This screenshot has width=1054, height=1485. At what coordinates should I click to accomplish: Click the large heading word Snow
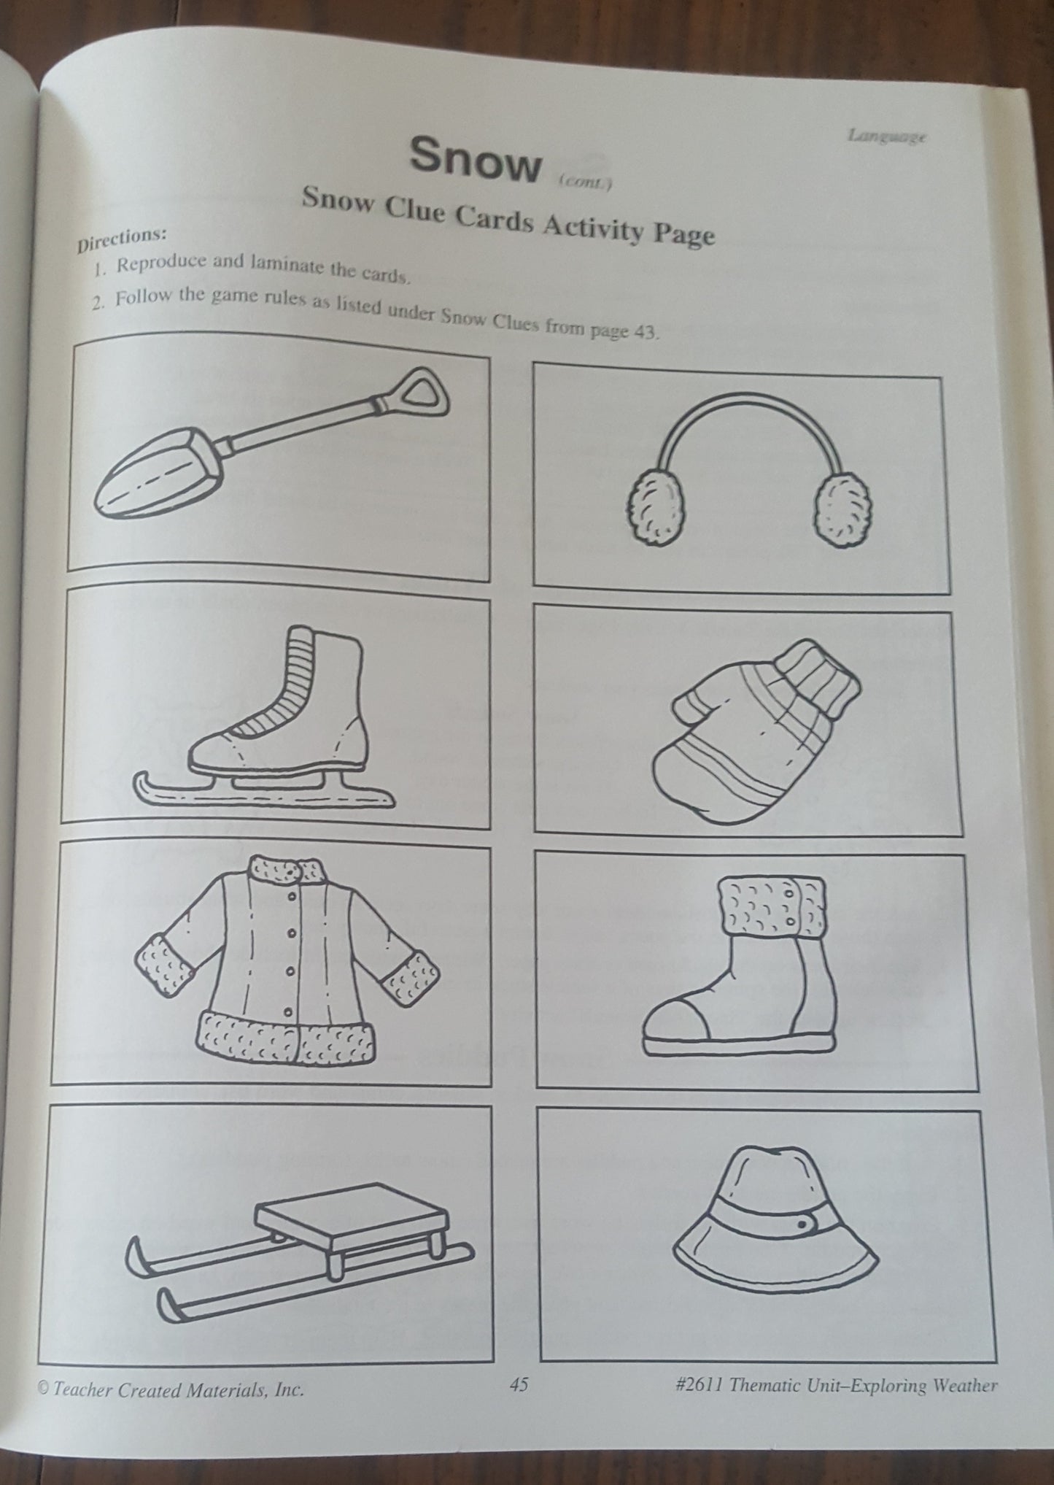point(475,159)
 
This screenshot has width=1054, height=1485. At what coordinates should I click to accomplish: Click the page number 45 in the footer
point(519,1385)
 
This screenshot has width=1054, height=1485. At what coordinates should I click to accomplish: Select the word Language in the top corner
point(887,136)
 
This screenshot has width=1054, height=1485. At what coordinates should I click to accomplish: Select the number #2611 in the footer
point(701,1386)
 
